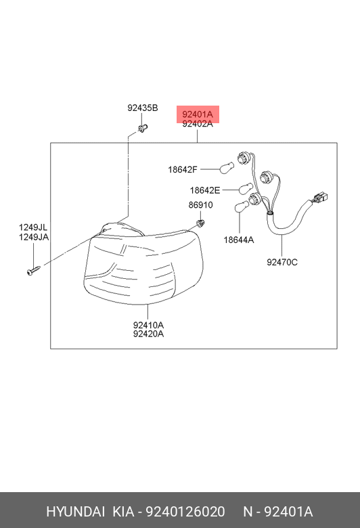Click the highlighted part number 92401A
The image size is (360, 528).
coord(198,114)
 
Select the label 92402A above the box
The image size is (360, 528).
coord(198,124)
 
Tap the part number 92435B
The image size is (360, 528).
coord(143,108)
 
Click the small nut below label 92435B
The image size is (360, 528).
coord(143,129)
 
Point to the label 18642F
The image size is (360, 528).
coord(183,169)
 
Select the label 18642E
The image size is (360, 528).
coord(205,190)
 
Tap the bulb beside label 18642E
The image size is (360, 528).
coord(246,188)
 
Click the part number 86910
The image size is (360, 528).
coord(200,204)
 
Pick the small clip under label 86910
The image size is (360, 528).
coord(201,223)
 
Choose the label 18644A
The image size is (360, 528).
coord(239,240)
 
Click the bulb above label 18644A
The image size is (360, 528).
coord(241,206)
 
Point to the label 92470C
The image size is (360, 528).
coord(282,262)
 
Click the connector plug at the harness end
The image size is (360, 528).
coord(320,198)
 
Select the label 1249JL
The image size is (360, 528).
coord(33,227)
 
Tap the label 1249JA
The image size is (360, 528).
coord(34,237)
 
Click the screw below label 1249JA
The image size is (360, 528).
coord(33,270)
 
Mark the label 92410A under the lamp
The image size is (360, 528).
coord(148,325)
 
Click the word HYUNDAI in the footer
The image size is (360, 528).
coord(75,512)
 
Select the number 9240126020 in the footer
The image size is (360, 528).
coord(185,512)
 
